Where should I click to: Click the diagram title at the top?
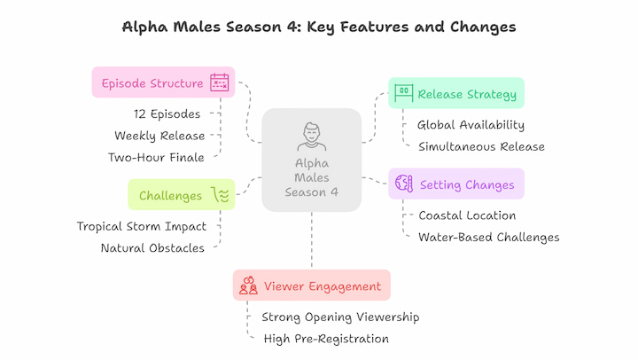coord(318,27)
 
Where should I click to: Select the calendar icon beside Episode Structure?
coord(219,83)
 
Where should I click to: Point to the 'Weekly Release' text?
coord(159,136)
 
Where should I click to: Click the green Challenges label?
coord(171,195)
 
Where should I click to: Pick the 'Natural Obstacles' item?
coord(152,248)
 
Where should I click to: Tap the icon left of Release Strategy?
coord(404,92)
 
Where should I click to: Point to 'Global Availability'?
coord(471,125)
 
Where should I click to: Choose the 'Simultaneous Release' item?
coord(481,146)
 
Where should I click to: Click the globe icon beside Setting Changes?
coord(404,184)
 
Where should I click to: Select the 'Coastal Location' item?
coord(466,215)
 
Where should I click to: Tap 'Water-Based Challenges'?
coord(488,237)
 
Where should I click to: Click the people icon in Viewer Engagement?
coord(248,286)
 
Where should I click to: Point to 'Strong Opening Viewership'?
coord(340,317)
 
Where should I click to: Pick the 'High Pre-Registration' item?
coord(326,338)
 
